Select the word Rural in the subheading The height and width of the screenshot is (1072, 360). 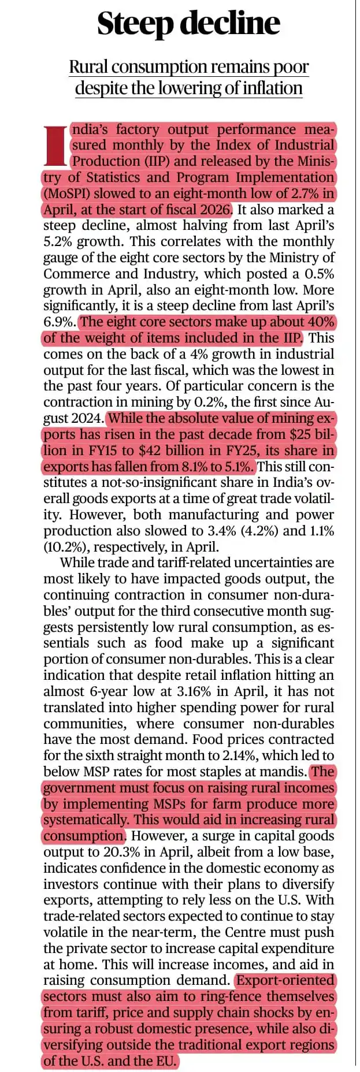[x=89, y=67]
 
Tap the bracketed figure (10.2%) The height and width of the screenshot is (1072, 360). [x=62, y=548]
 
